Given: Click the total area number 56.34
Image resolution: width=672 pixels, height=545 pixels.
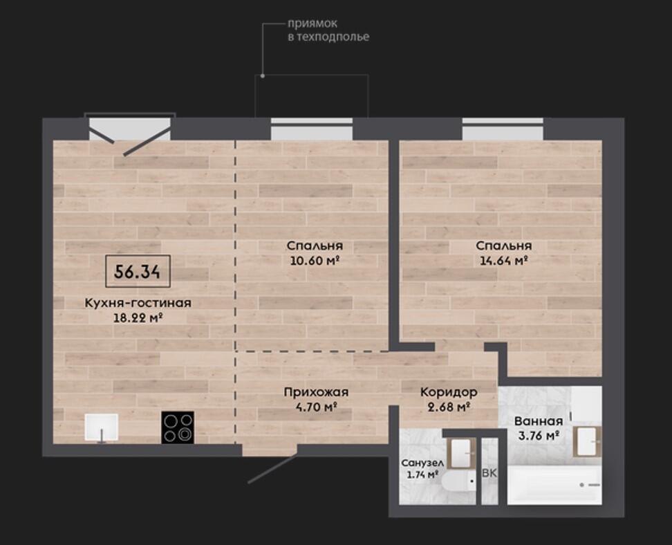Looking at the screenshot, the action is click(x=138, y=271).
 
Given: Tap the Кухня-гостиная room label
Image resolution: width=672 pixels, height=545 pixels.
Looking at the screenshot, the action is click(x=138, y=303).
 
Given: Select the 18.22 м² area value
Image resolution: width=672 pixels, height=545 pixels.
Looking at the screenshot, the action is click(x=138, y=317).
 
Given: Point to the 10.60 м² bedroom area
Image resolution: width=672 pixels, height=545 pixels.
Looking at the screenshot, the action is click(x=315, y=260).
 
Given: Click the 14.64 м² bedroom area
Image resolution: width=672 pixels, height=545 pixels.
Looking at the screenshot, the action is click(x=503, y=260).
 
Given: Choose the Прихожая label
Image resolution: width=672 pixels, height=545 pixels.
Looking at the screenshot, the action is click(x=316, y=392).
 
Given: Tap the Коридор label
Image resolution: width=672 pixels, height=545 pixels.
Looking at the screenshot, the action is click(x=449, y=392).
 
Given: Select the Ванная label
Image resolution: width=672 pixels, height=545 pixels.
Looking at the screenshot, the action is click(x=539, y=421).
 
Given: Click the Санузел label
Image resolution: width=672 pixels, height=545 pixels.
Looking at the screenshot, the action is click(x=422, y=463).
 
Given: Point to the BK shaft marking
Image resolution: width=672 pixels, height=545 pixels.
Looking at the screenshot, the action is click(x=489, y=473).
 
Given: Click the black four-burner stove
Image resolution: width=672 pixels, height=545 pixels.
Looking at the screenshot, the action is click(x=178, y=427).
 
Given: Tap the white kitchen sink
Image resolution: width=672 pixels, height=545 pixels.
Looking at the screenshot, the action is click(x=102, y=427).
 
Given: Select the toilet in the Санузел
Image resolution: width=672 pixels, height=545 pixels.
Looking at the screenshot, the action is click(x=459, y=482).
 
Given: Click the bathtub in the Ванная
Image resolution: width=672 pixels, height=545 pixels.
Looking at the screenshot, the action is click(x=554, y=485).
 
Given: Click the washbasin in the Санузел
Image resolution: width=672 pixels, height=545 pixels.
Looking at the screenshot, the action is click(x=462, y=453).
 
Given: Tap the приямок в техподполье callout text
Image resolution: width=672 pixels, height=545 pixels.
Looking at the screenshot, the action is click(x=328, y=30).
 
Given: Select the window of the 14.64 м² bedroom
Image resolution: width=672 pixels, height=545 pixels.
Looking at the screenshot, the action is click(x=503, y=129).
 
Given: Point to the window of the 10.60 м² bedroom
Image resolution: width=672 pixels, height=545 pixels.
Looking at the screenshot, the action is click(x=312, y=129).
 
